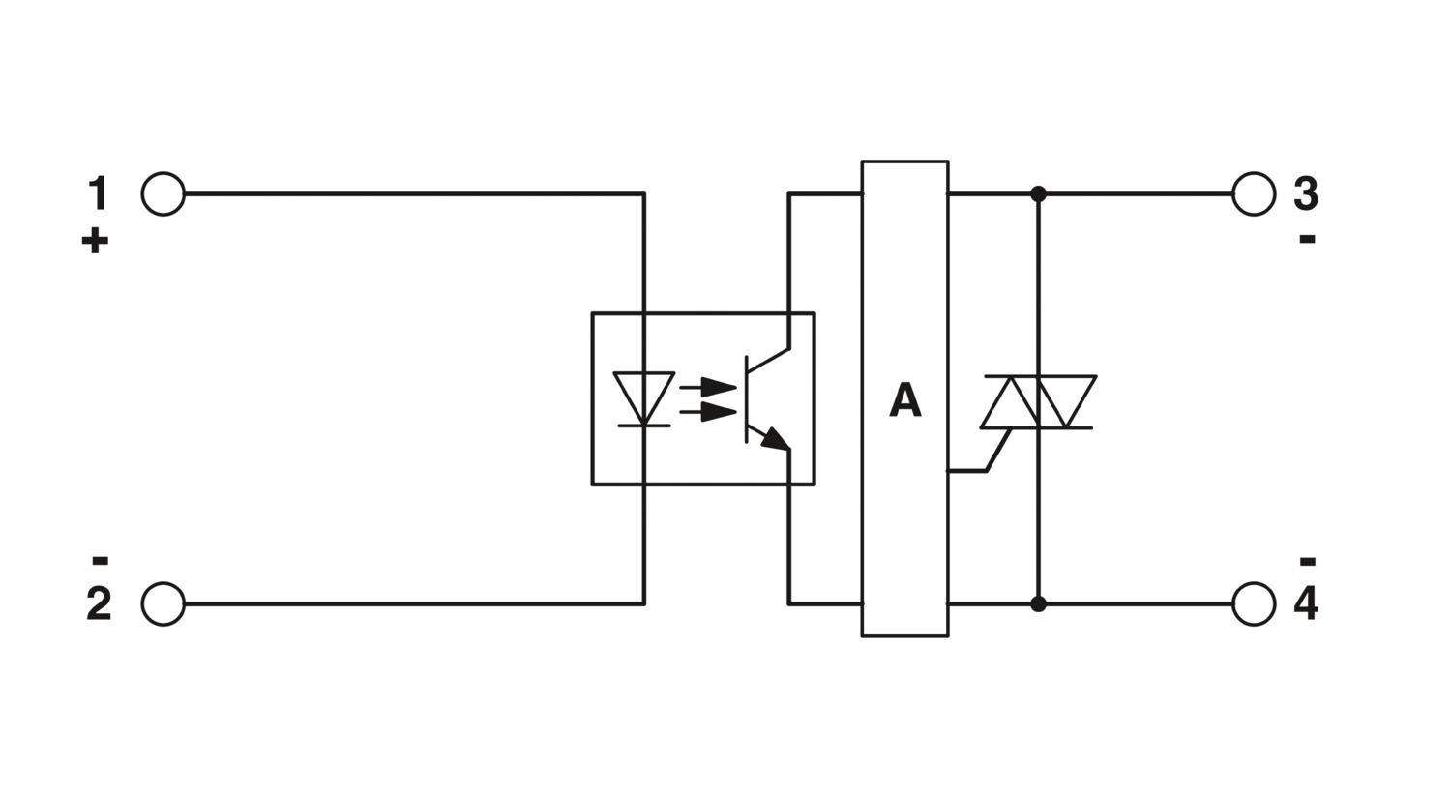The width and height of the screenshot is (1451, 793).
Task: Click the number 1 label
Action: pos(99,193)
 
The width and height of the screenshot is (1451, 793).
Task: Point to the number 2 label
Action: pos(99,604)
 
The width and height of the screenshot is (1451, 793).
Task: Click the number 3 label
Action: pos(1305,193)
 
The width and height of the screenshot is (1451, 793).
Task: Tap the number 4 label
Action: pos(1306,604)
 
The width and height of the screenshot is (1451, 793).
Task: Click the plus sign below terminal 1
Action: pos(95,242)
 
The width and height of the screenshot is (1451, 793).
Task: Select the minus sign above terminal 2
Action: pos(100,560)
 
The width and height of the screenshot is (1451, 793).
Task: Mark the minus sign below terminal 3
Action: pos(1307,240)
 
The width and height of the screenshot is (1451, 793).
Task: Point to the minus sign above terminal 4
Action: pos(1307,561)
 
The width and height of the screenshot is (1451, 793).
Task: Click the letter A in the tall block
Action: pos(904,400)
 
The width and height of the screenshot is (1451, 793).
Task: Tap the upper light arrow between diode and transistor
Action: pos(708,389)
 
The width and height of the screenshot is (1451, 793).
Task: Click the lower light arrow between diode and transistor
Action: pos(708,412)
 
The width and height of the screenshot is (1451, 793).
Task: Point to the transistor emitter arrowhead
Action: pos(776,439)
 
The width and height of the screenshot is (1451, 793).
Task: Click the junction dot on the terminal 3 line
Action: pos(1038,193)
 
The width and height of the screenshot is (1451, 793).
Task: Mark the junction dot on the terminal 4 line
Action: pos(1038,604)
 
